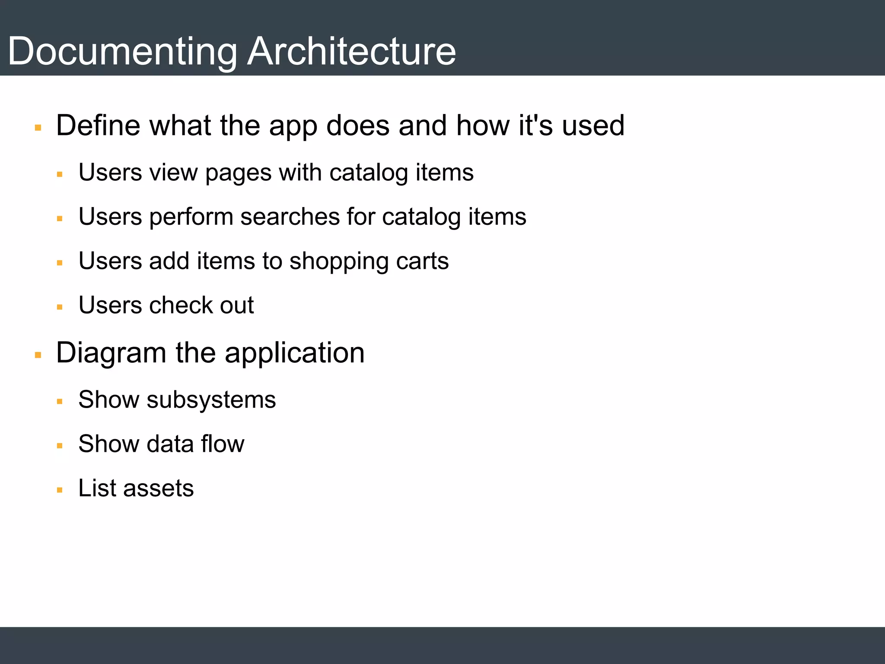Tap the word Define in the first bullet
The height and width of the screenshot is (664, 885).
point(98,125)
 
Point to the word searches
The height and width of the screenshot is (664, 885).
point(290,217)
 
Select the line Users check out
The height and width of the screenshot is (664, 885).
point(166,305)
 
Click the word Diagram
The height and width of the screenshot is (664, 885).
point(111,354)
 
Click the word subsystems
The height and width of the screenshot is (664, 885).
point(211,400)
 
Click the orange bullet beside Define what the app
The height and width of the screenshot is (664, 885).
point(38,128)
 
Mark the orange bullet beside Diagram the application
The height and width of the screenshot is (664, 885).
point(38,355)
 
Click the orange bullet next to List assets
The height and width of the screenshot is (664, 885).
point(60,490)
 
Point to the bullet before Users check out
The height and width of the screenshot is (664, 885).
point(60,307)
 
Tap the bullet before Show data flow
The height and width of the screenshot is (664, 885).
point(60,446)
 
